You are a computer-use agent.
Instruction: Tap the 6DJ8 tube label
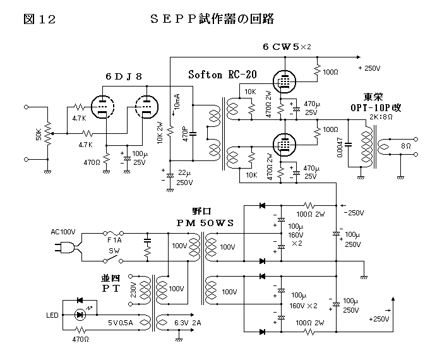124,76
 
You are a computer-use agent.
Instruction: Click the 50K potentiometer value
39,134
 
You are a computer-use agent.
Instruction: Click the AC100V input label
63,232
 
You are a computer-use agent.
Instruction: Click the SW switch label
114,251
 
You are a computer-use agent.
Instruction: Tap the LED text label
52,315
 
